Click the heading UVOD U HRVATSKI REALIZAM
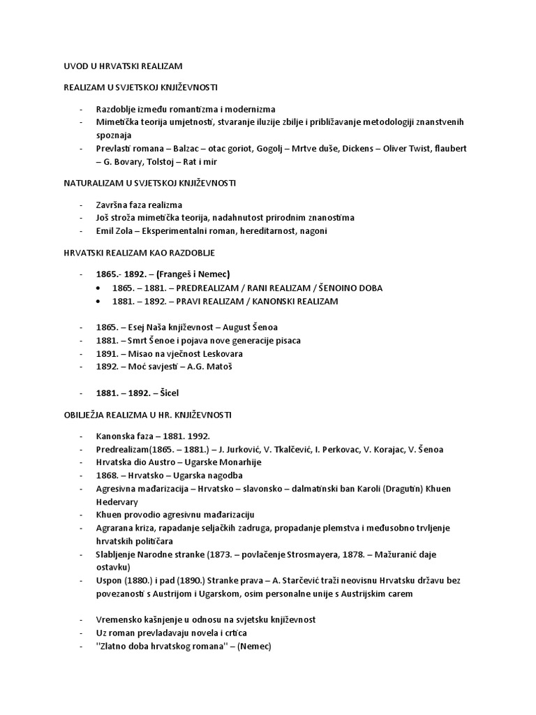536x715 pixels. click(123, 66)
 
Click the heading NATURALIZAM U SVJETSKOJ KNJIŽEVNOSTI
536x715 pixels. click(149, 183)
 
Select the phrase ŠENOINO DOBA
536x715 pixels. click(344, 288)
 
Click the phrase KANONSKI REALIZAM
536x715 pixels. click(293, 301)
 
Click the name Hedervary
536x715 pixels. click(117, 501)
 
